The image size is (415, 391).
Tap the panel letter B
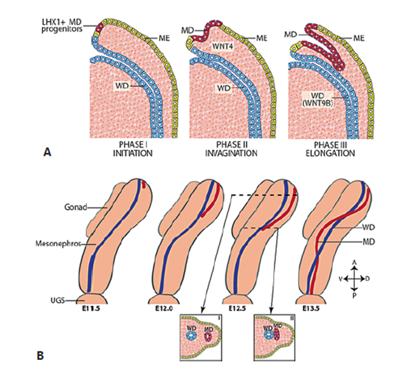[x=48, y=355]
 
